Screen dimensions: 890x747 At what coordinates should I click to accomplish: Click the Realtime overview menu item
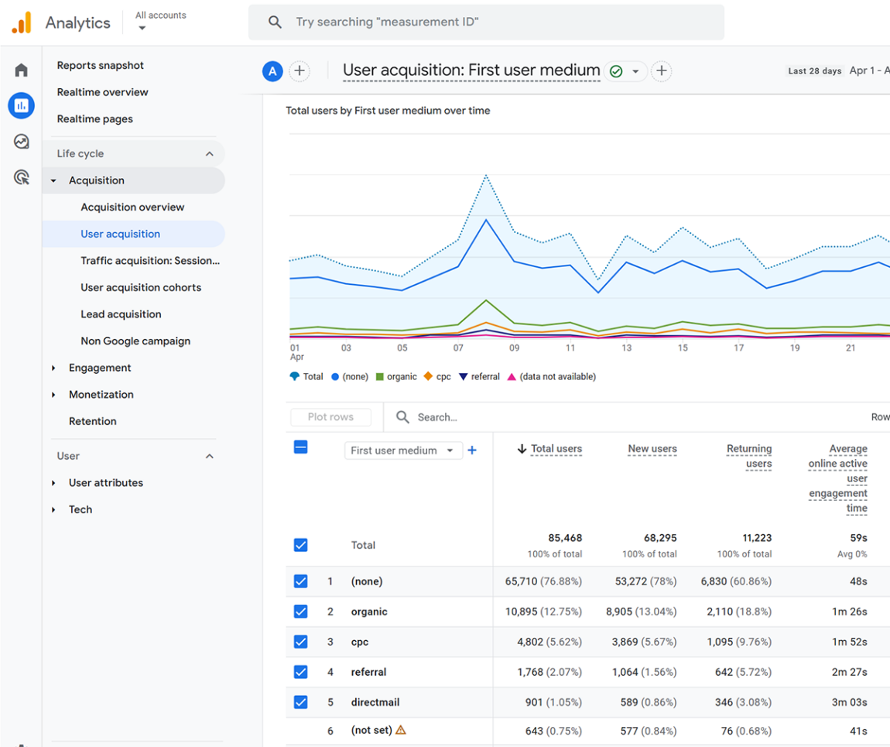[x=102, y=92]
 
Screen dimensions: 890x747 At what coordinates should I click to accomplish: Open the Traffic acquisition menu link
[x=150, y=261]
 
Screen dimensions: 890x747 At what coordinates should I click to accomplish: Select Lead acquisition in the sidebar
[x=121, y=314]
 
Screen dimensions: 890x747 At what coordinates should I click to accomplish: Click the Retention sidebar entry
[x=93, y=421]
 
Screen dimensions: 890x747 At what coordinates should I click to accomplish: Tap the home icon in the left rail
[x=21, y=70]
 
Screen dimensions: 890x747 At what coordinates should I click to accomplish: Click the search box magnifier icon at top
[x=275, y=22]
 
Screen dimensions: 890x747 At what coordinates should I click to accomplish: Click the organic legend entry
[x=396, y=376]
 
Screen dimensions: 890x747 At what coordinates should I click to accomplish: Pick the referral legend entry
[x=479, y=376]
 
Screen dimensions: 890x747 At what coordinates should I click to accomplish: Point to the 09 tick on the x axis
[x=514, y=348]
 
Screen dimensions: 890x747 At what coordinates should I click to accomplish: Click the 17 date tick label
[x=738, y=348]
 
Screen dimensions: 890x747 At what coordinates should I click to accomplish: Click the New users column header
[x=652, y=448]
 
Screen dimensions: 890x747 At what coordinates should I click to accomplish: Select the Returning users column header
[x=749, y=456]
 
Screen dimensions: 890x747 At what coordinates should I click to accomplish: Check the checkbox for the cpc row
[x=301, y=642]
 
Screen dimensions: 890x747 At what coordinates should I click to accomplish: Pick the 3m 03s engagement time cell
[x=849, y=702]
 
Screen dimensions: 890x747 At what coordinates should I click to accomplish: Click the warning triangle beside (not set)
[x=401, y=730]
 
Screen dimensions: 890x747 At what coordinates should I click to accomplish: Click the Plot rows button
[x=331, y=416]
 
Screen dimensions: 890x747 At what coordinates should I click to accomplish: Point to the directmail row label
[x=375, y=702]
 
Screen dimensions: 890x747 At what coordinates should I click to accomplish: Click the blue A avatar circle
[x=272, y=71]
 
